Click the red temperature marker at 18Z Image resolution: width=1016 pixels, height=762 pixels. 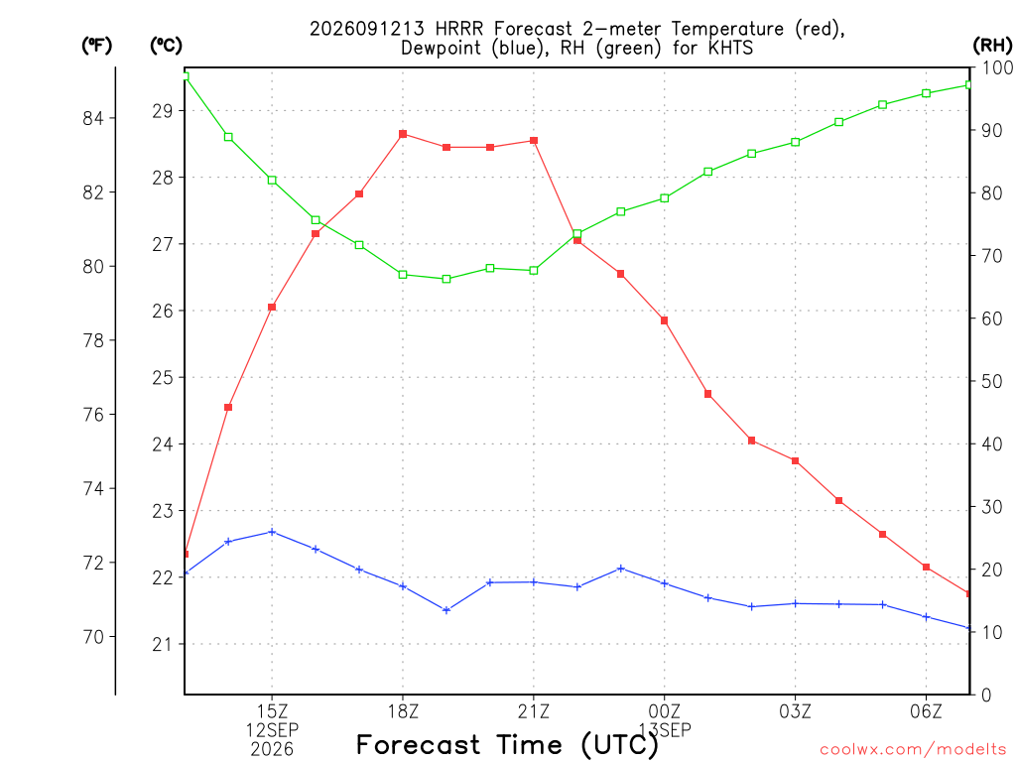tap(403, 134)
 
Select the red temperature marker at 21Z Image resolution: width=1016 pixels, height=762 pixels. tap(534, 141)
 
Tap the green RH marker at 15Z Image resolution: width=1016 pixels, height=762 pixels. tap(272, 181)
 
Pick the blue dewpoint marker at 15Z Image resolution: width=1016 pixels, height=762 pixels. tap(272, 532)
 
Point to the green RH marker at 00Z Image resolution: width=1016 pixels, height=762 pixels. tap(664, 198)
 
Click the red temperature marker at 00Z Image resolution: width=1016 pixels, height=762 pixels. tap(664, 320)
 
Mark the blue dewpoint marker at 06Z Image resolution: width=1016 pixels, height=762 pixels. tap(926, 617)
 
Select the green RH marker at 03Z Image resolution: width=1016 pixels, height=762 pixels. tap(795, 142)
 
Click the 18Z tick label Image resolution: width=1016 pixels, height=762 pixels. tap(403, 711)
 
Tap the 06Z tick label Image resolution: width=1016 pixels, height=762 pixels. tap(926, 711)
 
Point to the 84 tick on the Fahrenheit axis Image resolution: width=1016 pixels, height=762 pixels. tap(93, 118)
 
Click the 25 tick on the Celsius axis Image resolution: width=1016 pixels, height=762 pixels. tap(164, 377)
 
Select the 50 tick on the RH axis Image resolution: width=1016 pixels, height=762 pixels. tap(991, 381)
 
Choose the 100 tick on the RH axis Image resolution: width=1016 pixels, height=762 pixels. tap(997, 67)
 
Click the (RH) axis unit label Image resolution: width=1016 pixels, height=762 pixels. tap(992, 45)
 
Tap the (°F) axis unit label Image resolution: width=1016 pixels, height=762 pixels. tap(96, 45)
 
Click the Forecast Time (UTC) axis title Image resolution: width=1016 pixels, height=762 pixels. tap(507, 745)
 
